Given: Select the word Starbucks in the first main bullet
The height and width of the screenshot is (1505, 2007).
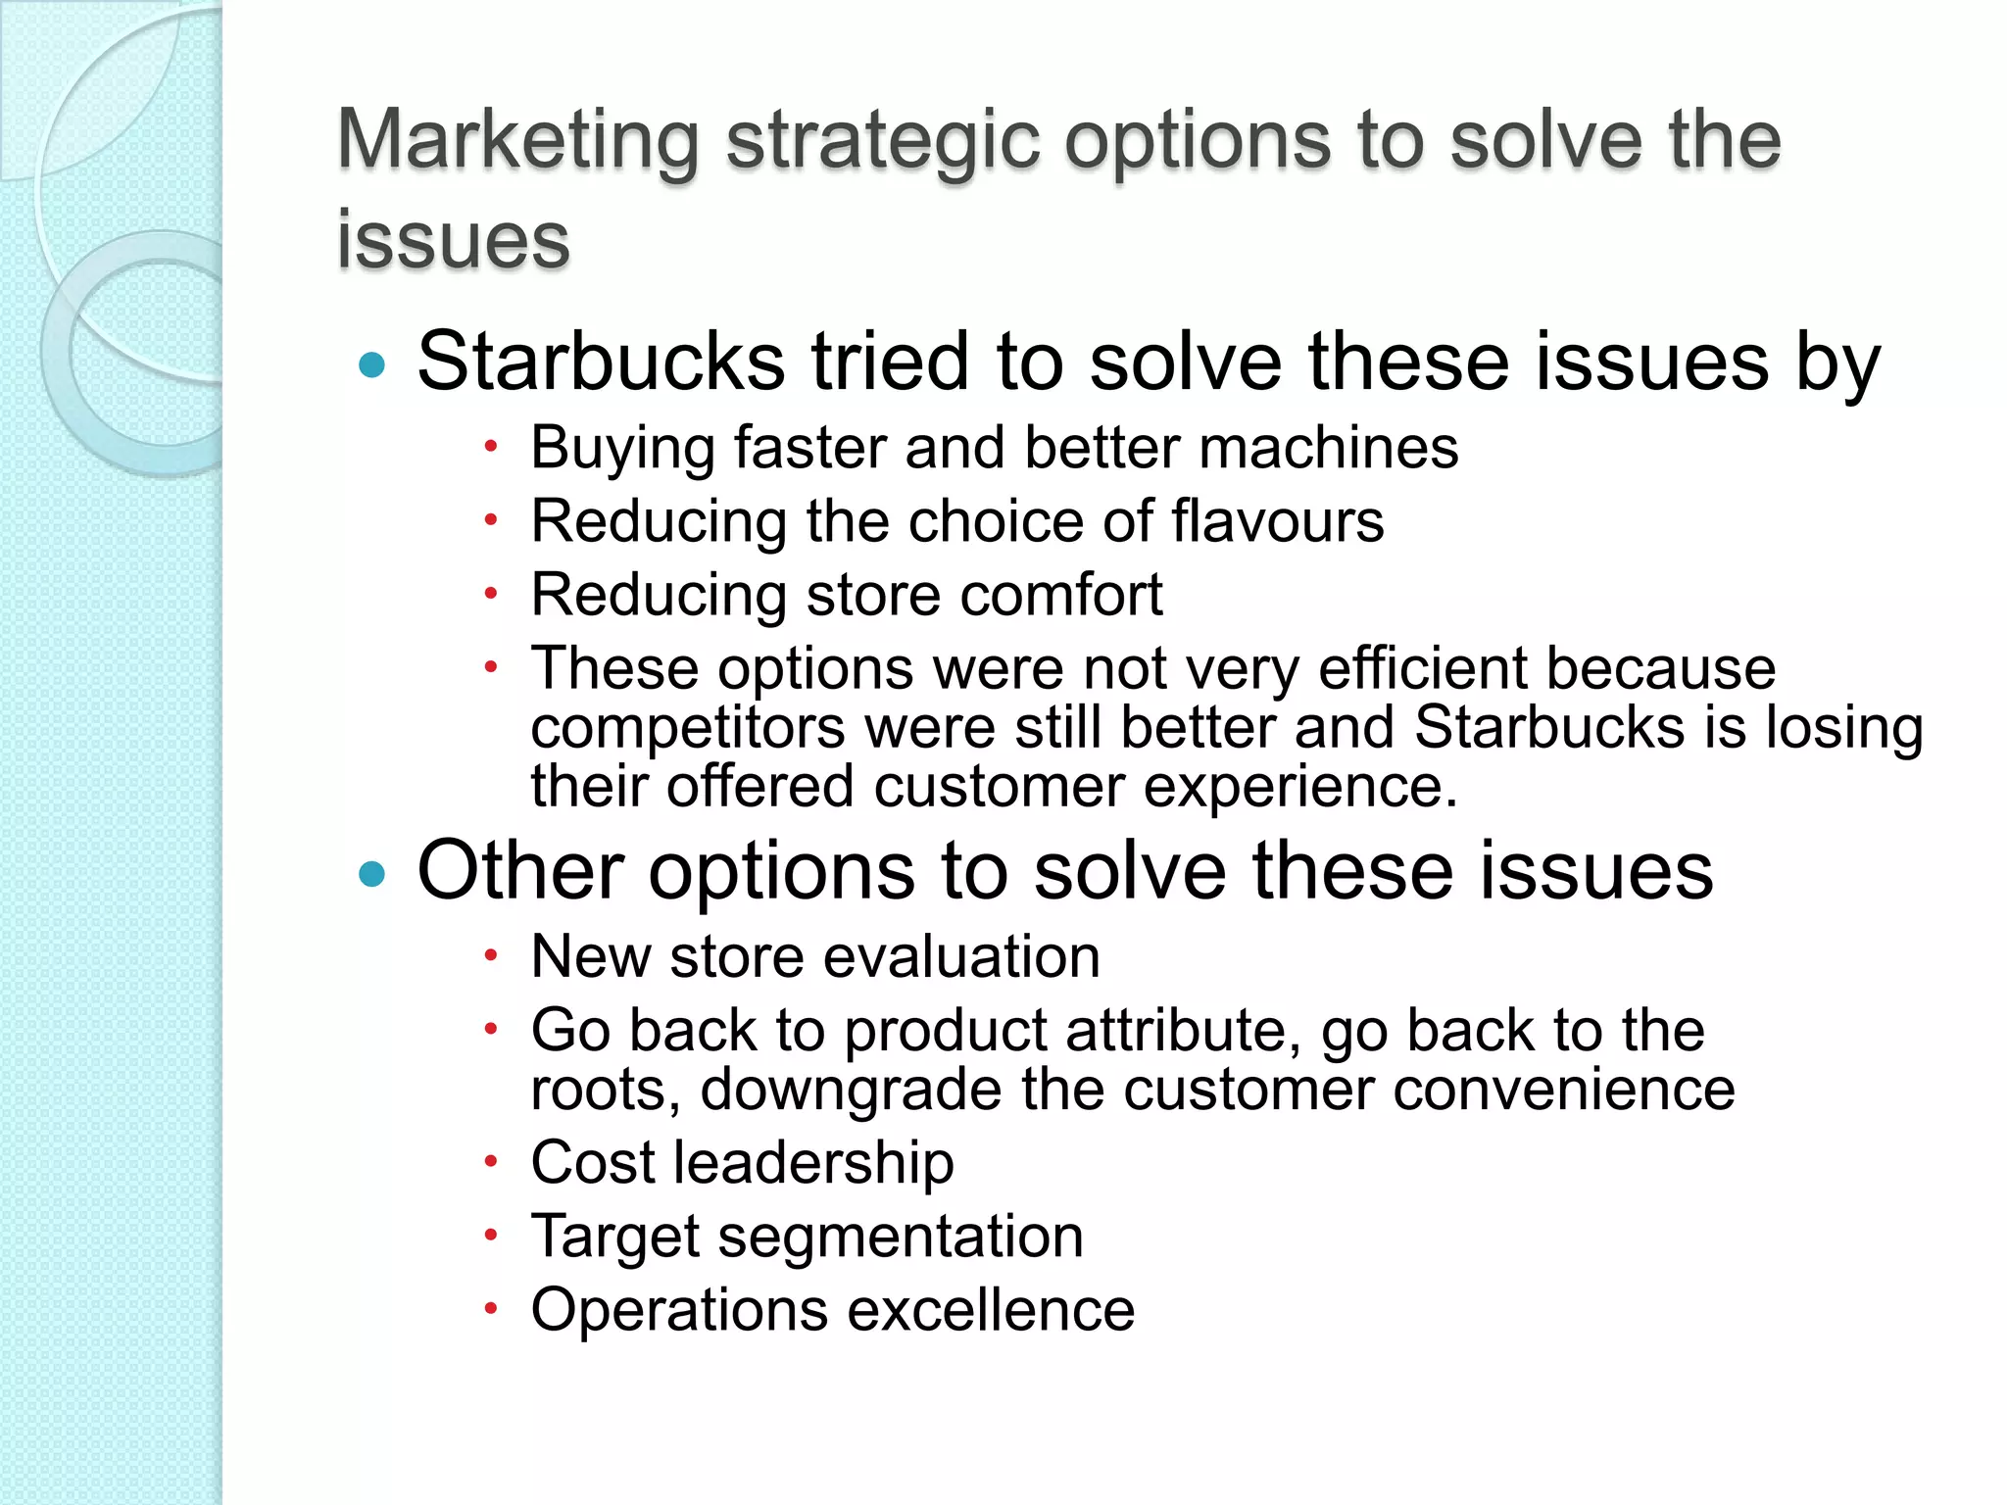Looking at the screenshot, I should point(600,363).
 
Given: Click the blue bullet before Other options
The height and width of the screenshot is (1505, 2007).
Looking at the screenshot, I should point(372,873).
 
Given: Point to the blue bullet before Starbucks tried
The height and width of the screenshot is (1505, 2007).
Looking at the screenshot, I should point(372,365).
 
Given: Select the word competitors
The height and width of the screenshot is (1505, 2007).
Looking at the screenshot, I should point(687,729).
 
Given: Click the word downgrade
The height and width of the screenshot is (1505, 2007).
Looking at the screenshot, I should point(850,1091).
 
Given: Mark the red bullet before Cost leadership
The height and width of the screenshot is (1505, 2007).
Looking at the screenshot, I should point(492,1162).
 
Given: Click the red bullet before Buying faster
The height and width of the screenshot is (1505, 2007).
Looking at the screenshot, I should point(492,448).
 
